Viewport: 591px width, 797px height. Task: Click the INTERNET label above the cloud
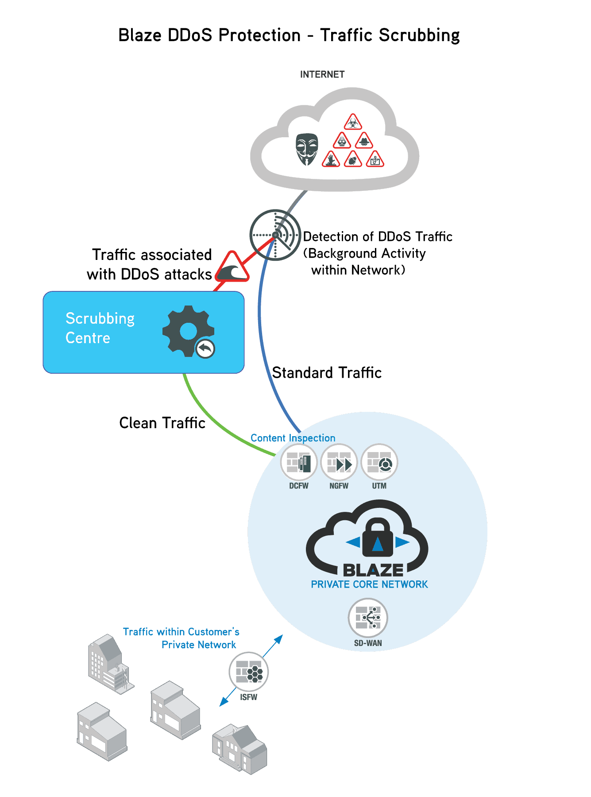click(x=322, y=74)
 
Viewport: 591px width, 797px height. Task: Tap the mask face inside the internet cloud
click(x=306, y=148)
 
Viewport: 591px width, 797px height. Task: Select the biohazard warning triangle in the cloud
click(x=353, y=122)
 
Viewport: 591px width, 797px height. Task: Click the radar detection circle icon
click(x=275, y=235)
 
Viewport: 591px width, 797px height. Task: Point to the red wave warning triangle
click(x=232, y=268)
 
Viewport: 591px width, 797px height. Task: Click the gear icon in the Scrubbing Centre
click(x=188, y=331)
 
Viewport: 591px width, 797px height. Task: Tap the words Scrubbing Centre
click(x=100, y=328)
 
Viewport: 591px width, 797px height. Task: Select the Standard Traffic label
click(x=327, y=373)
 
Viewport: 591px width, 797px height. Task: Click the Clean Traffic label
click(x=162, y=423)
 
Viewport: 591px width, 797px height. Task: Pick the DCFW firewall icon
click(x=299, y=463)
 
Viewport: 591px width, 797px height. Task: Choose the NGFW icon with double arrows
click(x=339, y=463)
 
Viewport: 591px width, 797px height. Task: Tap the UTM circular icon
click(x=379, y=463)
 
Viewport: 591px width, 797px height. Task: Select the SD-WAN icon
click(x=368, y=618)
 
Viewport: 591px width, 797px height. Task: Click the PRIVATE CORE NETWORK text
click(x=369, y=584)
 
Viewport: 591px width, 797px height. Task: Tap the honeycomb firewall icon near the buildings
click(x=249, y=672)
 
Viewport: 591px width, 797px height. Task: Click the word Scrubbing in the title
click(x=419, y=35)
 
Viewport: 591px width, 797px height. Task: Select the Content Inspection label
click(x=293, y=438)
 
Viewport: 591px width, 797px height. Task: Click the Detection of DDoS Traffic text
click(x=377, y=237)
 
